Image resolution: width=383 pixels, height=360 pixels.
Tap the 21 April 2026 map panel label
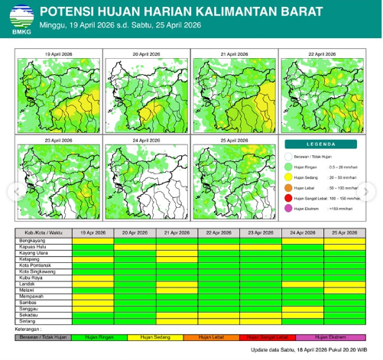coord(235,55)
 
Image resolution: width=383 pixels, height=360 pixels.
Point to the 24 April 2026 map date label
coord(146,141)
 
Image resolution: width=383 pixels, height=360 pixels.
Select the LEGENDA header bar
coord(320,144)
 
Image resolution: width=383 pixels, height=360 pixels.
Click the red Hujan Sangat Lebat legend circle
coord(290,198)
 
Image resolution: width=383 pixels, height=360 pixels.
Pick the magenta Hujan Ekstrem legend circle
coord(290,209)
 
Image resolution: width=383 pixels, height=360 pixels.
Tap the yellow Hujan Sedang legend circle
coord(290,177)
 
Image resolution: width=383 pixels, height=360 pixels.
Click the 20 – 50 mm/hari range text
coord(342,177)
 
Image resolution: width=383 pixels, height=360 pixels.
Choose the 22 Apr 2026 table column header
coord(219,231)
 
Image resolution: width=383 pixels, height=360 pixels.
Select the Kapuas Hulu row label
coord(34,247)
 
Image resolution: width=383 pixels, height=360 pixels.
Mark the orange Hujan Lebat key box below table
coord(218,336)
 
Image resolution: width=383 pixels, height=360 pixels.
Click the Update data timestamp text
coord(315,351)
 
